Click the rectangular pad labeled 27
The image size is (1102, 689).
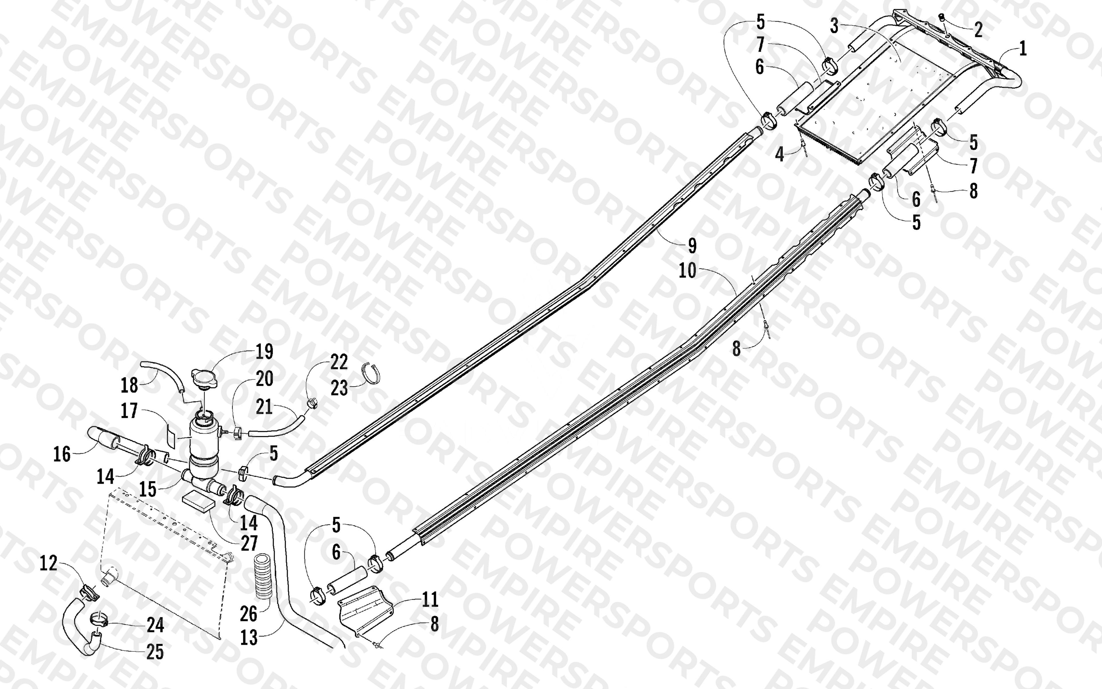(198, 502)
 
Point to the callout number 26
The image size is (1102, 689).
(249, 614)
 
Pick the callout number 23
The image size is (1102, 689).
(339, 388)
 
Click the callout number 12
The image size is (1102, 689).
(48, 563)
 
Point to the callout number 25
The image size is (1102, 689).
(155, 652)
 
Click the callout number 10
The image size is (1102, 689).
(688, 271)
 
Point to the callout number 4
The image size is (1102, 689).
(780, 154)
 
